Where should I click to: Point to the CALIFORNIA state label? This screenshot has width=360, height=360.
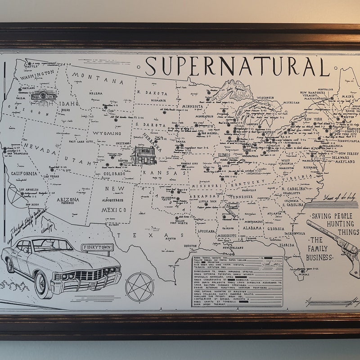(24, 174)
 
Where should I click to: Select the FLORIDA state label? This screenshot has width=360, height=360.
(288, 245)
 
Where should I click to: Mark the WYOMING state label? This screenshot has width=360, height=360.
(107, 134)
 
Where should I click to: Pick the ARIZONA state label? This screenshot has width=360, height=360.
(68, 199)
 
